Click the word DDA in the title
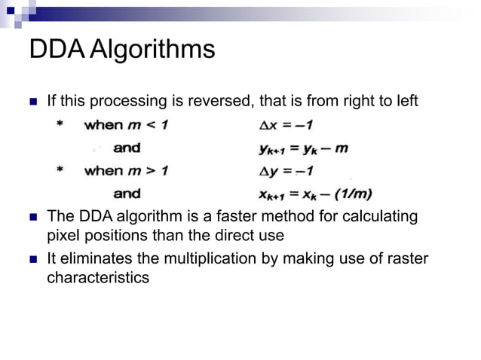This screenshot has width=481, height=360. coord(56,50)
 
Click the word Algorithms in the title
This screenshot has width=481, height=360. coord(151,51)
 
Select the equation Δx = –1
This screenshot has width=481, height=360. coord(285,124)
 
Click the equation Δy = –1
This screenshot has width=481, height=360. coord(285,170)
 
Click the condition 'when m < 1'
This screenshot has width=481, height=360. coord(126,124)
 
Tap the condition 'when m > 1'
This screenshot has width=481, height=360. coord(126,170)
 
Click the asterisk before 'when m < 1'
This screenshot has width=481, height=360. coord(60,125)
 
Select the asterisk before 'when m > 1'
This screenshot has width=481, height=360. coord(60,171)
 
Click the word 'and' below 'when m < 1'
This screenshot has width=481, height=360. coord(127,148)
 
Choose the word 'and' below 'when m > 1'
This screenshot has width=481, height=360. coord(127,194)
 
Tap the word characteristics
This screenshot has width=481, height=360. coord(98,277)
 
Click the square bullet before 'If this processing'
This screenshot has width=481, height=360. coord(32,102)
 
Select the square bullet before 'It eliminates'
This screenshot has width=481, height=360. coord(32,260)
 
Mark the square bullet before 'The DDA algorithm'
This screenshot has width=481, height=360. coord(32,217)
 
